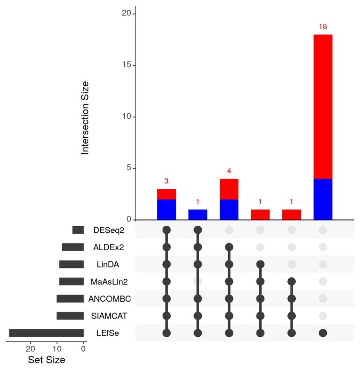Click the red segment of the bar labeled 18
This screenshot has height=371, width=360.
[322, 106]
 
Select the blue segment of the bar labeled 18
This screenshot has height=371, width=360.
[322, 199]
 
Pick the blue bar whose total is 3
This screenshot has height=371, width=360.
[166, 209]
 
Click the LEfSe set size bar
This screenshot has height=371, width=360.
[46, 333]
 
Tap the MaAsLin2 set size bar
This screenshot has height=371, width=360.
[71, 282]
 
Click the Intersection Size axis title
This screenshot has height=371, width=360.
[85, 118]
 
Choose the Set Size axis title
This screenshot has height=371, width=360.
[46, 360]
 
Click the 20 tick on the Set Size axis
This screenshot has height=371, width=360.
[30, 349]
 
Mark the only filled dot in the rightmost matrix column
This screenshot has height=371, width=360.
[322, 333]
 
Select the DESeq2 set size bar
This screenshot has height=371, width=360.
[78, 230]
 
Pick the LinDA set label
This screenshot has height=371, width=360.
[108, 265]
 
